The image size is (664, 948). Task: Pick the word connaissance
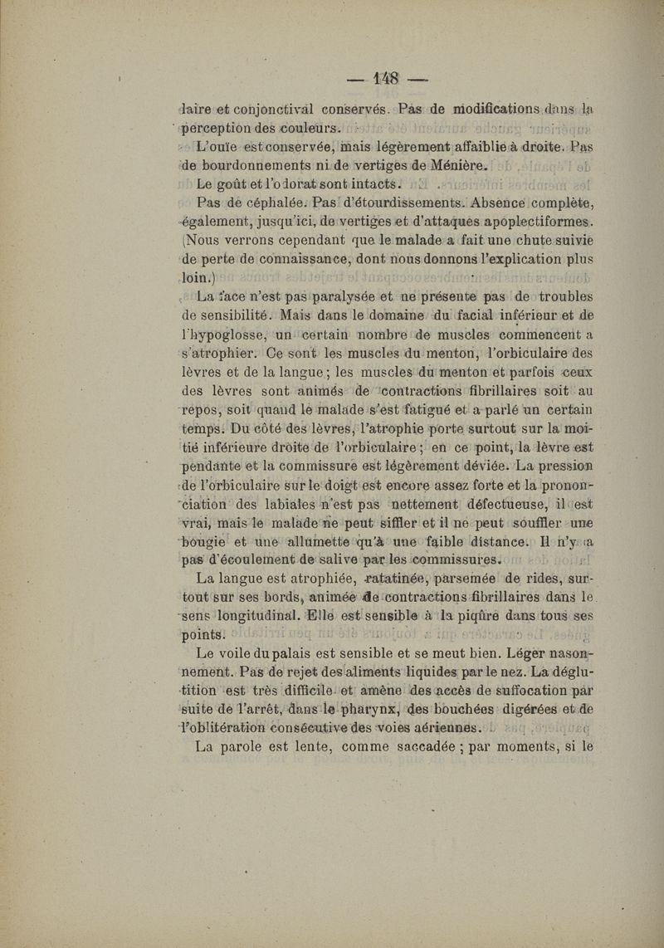click(285, 267)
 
